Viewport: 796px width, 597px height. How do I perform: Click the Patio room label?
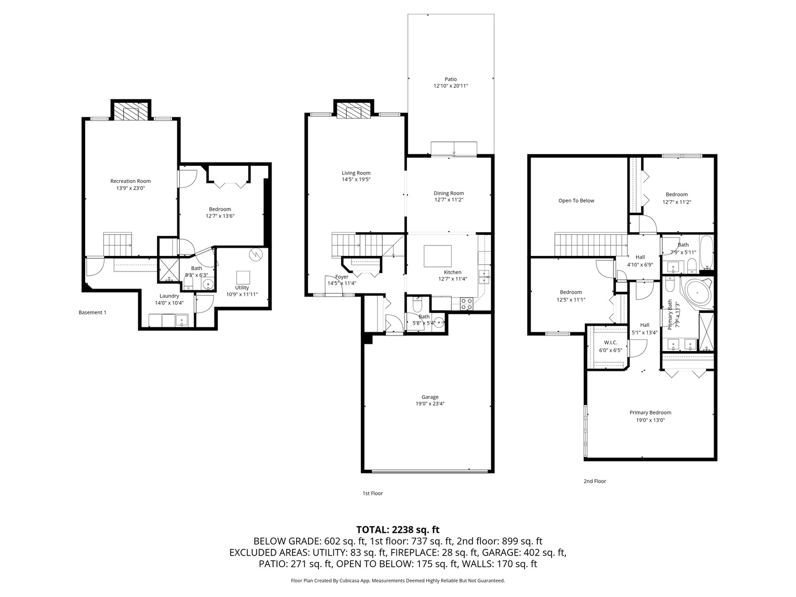tap(451, 79)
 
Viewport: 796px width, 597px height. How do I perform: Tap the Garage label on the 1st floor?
tap(430, 397)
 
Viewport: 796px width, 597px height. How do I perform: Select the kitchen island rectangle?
tap(437, 256)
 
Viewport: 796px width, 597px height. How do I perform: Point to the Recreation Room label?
tap(130, 181)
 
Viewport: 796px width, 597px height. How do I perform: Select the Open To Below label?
tap(576, 201)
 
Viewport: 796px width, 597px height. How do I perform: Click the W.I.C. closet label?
tap(610, 343)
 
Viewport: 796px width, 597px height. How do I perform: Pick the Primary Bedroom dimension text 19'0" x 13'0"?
tap(650, 420)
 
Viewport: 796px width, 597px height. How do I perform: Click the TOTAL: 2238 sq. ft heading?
tap(397, 530)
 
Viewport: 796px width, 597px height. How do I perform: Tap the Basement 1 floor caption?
tap(92, 312)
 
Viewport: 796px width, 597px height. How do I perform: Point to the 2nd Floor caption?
tap(595, 481)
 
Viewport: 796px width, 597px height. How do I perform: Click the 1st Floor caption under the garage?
tap(373, 493)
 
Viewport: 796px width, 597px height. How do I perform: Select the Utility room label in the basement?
tap(242, 287)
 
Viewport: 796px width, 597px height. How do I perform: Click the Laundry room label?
tap(169, 296)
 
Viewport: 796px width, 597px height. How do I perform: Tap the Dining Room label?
tap(448, 193)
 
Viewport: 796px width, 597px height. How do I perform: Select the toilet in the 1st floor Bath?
tap(417, 305)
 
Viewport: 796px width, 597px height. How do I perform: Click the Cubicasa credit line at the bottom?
tap(397, 580)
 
